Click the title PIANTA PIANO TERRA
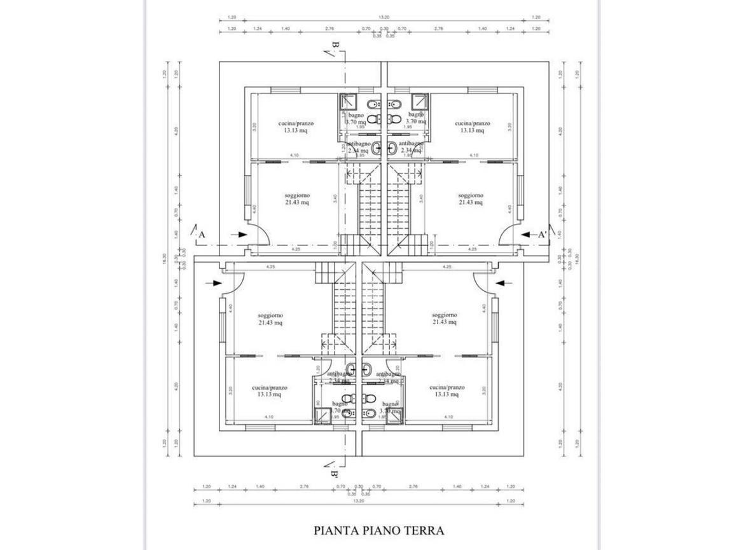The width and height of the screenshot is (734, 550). (x=378, y=530)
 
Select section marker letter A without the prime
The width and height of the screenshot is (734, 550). (x=201, y=235)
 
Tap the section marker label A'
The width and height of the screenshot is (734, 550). (x=543, y=235)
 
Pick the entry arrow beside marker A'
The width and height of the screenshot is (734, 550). (x=526, y=235)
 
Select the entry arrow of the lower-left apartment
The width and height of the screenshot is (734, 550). (x=214, y=283)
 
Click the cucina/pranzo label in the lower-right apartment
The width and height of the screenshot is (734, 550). (x=447, y=387)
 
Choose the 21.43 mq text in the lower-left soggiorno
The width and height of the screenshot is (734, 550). (x=270, y=322)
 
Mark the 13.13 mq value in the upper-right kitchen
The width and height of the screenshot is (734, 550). (x=473, y=130)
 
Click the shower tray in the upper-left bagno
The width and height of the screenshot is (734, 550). (x=348, y=102)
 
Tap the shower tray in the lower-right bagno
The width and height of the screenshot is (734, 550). (x=396, y=414)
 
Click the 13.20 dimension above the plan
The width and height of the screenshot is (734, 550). (x=384, y=18)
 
